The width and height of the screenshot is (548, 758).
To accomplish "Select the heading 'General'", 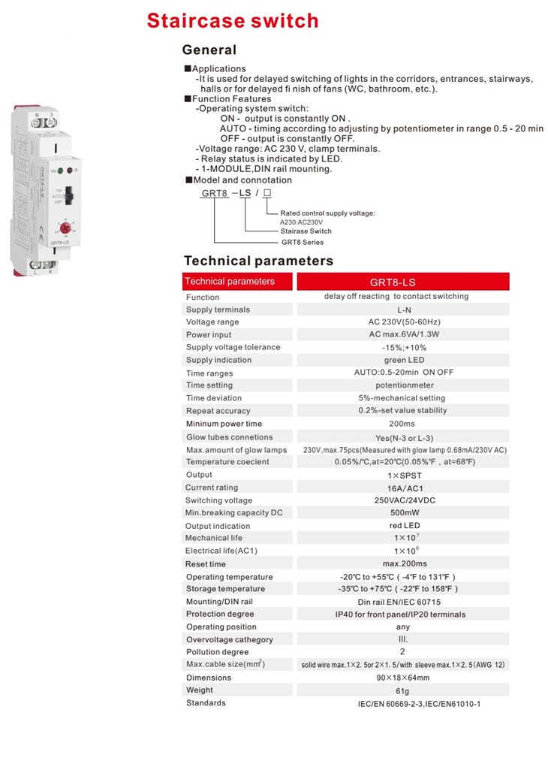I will click(209, 50).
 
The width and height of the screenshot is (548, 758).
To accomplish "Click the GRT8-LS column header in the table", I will click(402, 282).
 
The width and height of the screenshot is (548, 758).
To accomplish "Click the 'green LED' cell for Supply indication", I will click(403, 360).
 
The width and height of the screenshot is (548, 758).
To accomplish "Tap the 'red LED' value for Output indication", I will click(402, 526).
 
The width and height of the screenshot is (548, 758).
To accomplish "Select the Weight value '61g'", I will click(402, 690).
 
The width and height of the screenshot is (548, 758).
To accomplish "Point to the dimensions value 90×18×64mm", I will click(402, 678).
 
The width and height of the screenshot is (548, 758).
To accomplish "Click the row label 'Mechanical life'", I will click(213, 538).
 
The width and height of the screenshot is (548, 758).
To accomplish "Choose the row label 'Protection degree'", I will click(220, 614).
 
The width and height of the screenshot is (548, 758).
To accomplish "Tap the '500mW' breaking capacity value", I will click(402, 513).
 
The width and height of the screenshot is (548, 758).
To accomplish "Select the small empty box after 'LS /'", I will click(267, 193).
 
